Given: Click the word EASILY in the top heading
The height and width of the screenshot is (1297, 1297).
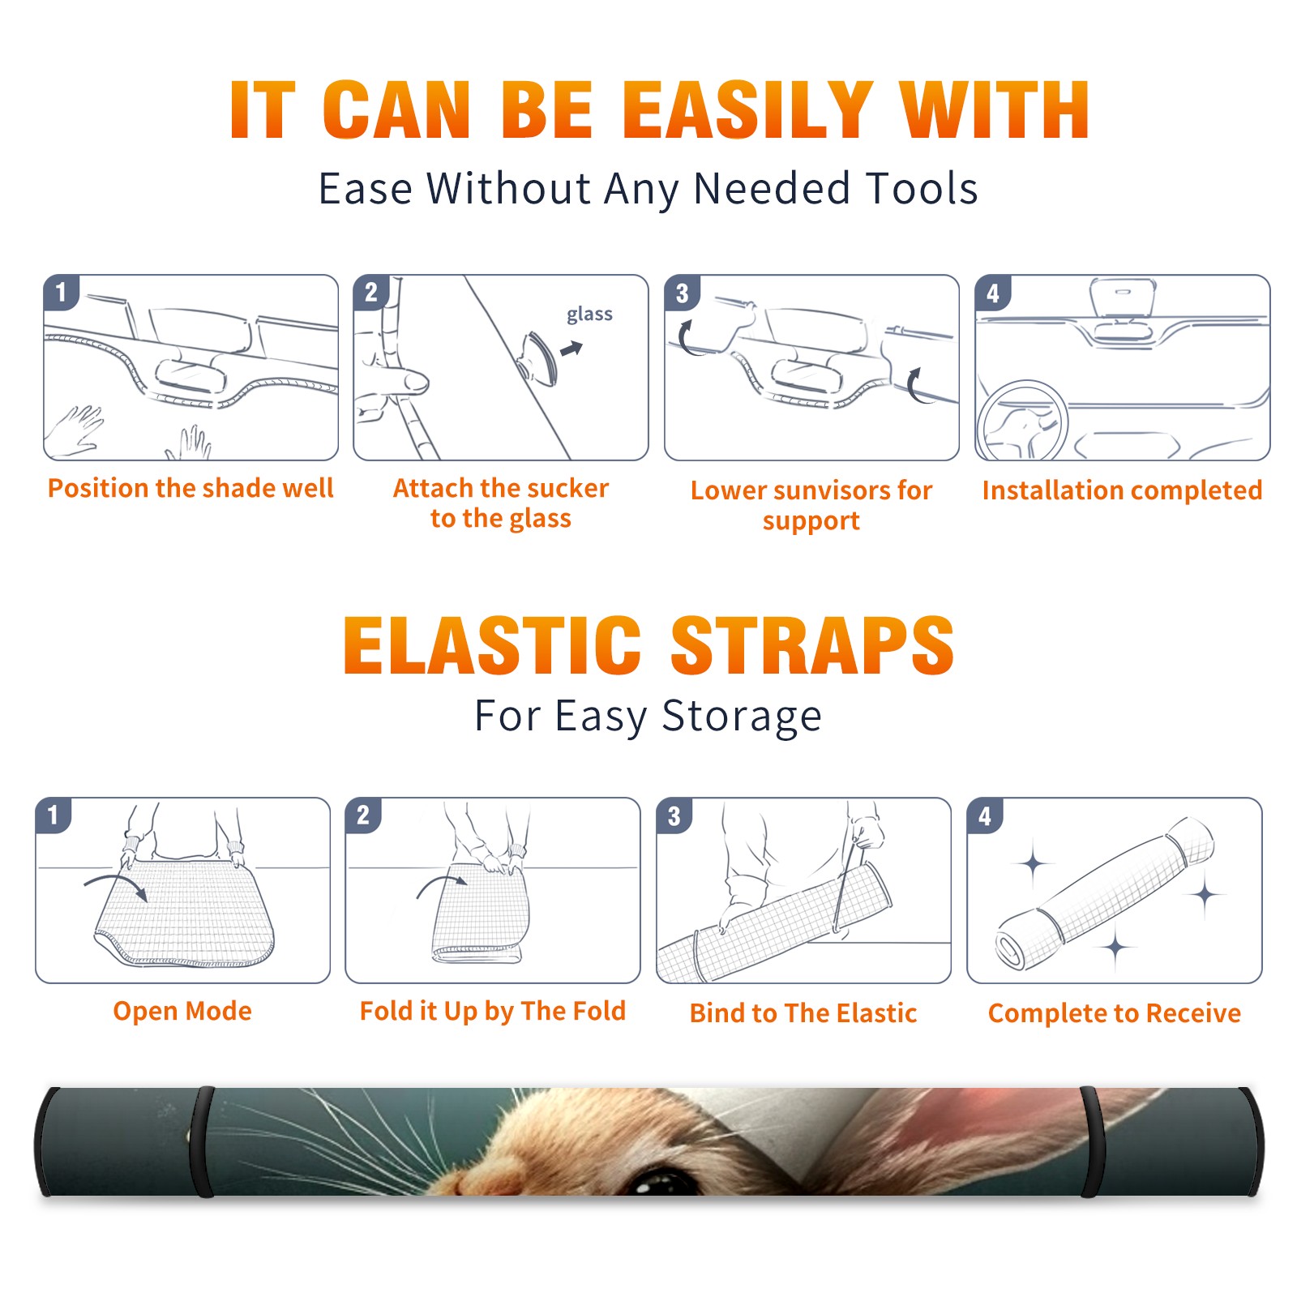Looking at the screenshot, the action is click(x=747, y=110).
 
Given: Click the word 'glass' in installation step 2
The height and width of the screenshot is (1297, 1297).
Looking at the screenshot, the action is click(x=589, y=315).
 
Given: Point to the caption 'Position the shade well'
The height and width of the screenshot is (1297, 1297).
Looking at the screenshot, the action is click(x=190, y=488).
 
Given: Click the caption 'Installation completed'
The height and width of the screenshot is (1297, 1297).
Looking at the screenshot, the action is click(x=1122, y=490).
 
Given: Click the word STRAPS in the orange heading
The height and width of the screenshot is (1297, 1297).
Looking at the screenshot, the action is click(x=812, y=645).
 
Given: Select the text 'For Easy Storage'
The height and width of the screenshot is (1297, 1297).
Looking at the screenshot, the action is click(x=648, y=716).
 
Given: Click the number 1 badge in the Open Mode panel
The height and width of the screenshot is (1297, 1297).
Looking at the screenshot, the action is click(x=54, y=815).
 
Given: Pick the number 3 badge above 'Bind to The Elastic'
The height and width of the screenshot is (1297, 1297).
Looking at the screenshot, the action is click(x=674, y=815).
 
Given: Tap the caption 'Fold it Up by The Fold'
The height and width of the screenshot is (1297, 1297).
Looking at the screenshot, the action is click(x=493, y=1011).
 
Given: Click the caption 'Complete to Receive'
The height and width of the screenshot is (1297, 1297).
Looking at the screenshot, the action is click(x=1115, y=1013).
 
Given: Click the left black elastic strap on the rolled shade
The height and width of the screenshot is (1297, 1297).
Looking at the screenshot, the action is click(x=203, y=1142).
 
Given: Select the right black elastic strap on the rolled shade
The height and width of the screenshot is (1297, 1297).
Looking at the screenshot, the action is click(x=1091, y=1142).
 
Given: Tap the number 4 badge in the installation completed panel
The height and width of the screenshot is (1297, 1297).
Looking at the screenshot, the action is click(x=993, y=293).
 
